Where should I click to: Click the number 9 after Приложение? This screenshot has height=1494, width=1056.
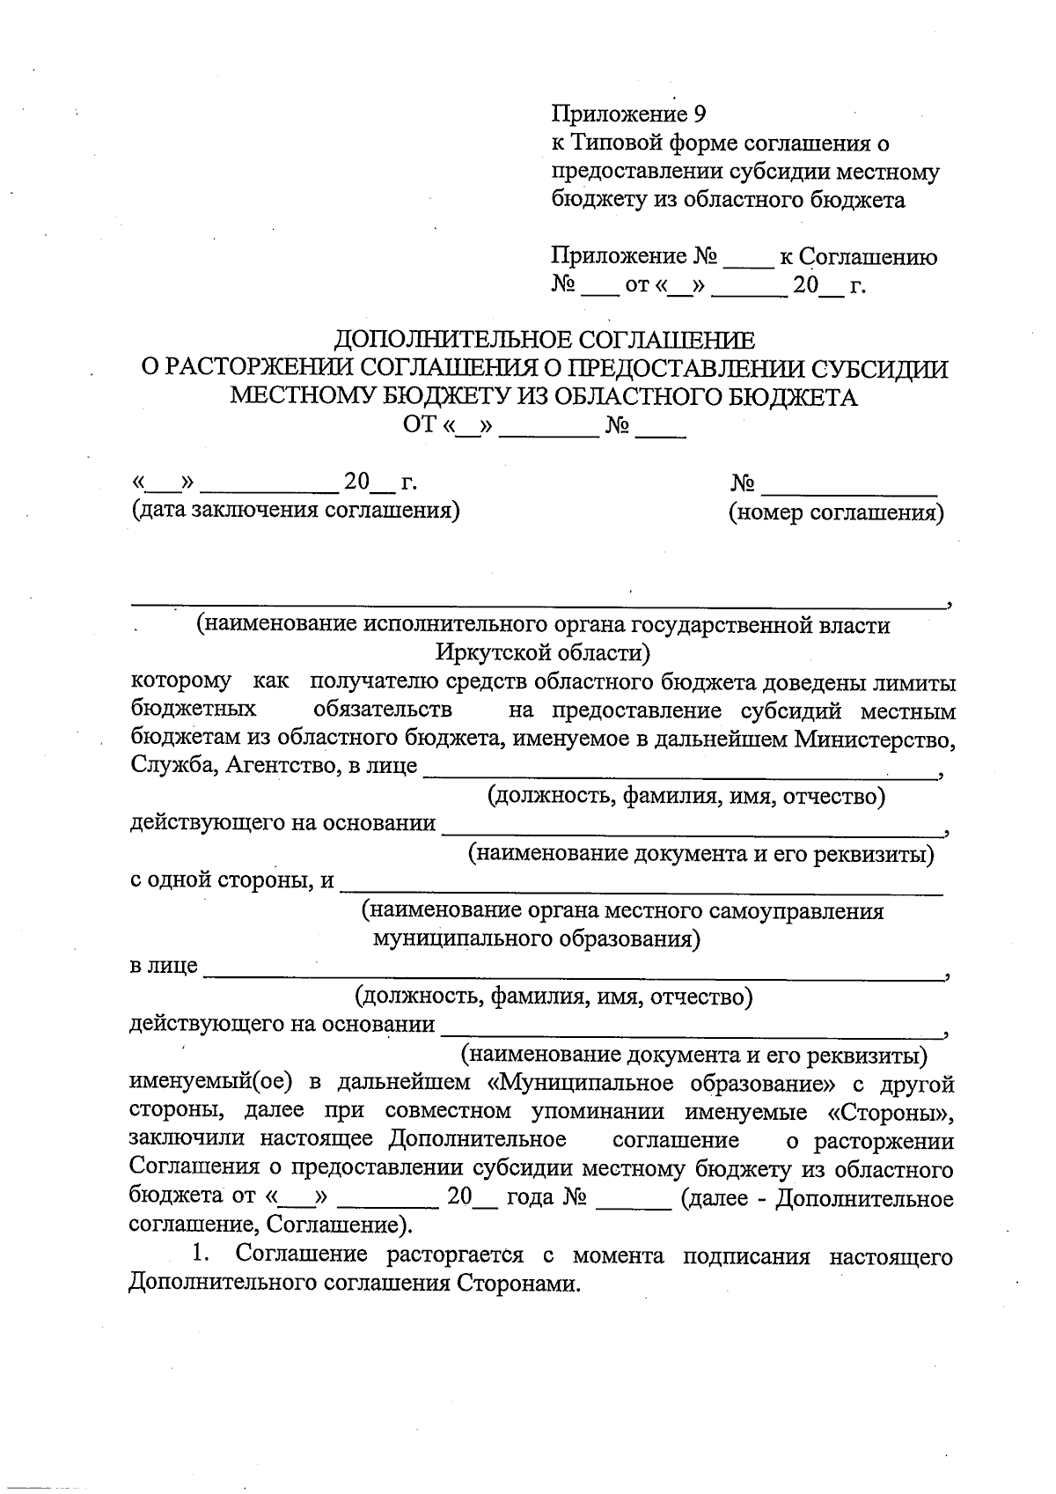(x=700, y=114)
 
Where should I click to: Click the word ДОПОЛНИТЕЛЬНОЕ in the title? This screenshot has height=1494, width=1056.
(x=454, y=340)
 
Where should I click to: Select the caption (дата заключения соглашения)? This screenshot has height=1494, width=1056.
(x=295, y=511)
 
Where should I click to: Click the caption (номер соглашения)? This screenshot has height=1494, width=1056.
(x=835, y=512)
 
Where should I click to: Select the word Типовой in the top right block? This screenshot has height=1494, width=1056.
(x=619, y=143)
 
